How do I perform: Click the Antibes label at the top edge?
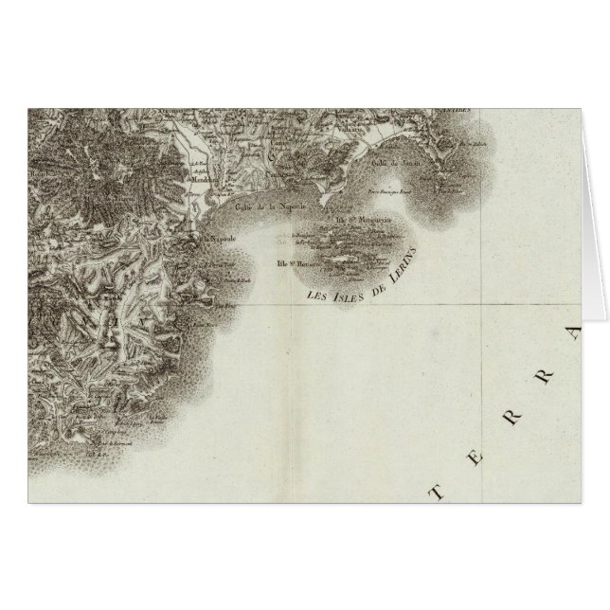coord(465,111)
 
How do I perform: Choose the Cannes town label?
coord(276,174)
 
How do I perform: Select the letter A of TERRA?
coord(573,332)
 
